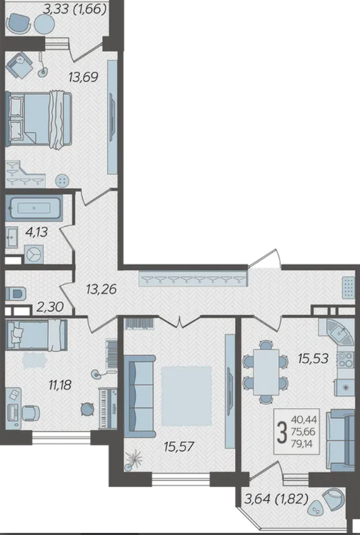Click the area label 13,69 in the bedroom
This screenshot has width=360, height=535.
tap(84, 77)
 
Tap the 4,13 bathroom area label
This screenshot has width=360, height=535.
tap(36, 232)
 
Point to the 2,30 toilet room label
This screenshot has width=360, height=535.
tap(50, 307)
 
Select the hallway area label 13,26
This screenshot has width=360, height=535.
tap(101, 290)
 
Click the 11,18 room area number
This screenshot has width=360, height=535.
tap(60, 385)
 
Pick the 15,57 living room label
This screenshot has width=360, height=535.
tap(179, 446)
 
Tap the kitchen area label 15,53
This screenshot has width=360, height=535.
tap(313, 359)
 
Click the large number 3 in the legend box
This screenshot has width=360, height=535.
tap(282, 432)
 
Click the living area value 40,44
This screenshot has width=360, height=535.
tap(304, 419)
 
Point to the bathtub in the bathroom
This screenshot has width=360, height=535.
tap(34, 207)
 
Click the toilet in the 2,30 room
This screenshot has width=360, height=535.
tap(16, 293)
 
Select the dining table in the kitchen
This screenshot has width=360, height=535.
tap(266, 372)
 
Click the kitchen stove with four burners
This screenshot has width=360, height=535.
tap(345, 359)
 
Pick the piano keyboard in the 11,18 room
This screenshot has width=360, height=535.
tap(108, 408)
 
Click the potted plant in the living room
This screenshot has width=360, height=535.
tap(133, 459)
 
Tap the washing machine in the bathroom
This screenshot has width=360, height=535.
tap(34, 254)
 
